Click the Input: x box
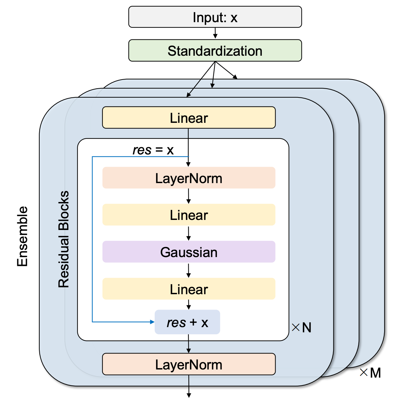click(x=215, y=17)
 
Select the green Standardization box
click(x=215, y=50)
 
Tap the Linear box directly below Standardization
click(x=189, y=118)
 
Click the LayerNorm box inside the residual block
click(x=189, y=178)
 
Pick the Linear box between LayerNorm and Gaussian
click(x=189, y=215)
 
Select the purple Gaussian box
click(x=189, y=252)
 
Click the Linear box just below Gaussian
click(x=189, y=289)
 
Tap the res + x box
click(x=187, y=322)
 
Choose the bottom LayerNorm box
click(x=189, y=364)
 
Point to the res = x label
click(x=153, y=150)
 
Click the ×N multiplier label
click(x=302, y=327)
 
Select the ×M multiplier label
click(x=370, y=373)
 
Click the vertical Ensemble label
click(x=22, y=236)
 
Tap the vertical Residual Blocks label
click(x=64, y=239)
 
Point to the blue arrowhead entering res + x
click(x=152, y=322)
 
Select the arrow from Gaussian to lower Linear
click(x=189, y=270)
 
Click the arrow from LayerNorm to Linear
click(x=189, y=196)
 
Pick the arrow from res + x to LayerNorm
click(x=189, y=344)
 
